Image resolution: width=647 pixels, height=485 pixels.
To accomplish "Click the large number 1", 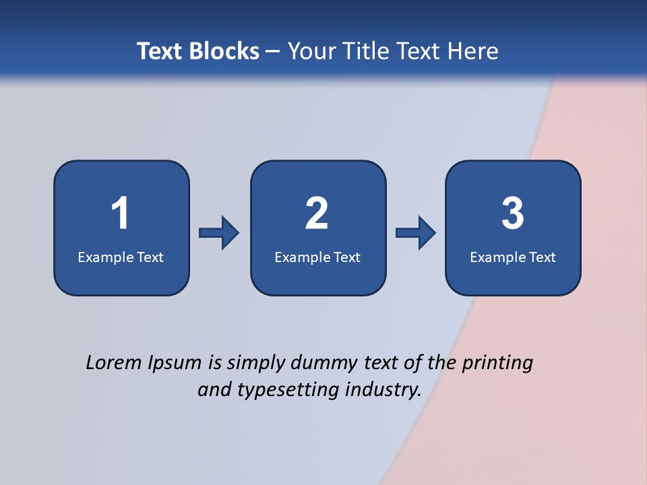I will [x=120, y=214].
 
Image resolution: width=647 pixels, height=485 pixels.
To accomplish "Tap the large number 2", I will [x=317, y=214].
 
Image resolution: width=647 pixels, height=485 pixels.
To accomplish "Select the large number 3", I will [x=513, y=214].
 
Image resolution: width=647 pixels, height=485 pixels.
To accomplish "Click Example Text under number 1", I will [x=121, y=257].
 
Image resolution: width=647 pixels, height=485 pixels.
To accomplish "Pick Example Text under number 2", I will [x=317, y=257].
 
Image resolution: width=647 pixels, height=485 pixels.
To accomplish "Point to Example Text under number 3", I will [x=513, y=257].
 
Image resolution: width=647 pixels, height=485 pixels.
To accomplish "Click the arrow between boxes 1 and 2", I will [x=219, y=233].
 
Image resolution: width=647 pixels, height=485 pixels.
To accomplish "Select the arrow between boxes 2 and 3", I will [x=416, y=233].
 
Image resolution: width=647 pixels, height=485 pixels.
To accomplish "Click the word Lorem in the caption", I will [x=113, y=362].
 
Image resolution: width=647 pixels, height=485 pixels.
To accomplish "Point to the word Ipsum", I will [x=174, y=364].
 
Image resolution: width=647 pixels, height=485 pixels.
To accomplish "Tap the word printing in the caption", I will [x=497, y=364].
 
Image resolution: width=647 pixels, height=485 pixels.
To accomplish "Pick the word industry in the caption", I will [x=383, y=390].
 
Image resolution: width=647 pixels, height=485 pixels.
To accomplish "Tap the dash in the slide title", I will [x=273, y=52].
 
